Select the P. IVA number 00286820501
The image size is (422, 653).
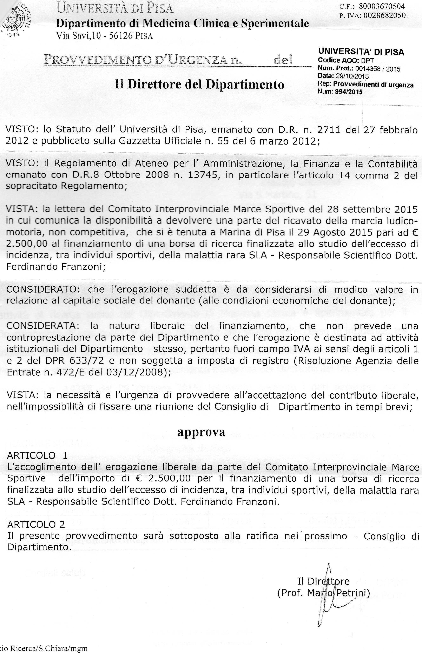coord(386,15)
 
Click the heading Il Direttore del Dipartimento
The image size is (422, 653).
coord(199,84)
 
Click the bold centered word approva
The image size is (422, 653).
coord(201,432)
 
